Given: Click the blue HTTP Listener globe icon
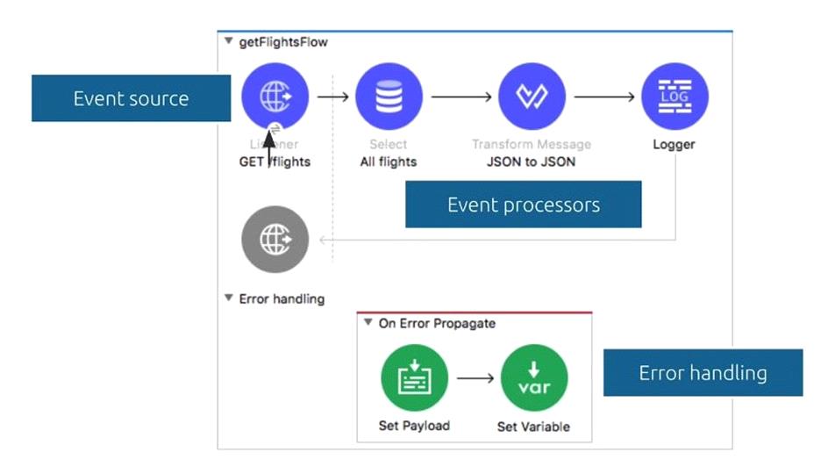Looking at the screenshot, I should pos(275,97).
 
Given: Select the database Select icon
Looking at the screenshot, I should pos(389,97).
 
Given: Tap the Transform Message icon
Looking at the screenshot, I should pos(532,97).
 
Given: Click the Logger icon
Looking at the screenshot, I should pos(675,97).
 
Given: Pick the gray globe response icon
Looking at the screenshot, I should pos(275,240).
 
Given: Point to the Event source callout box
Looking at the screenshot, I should pos(131,98).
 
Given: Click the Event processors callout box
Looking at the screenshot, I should pos(523,205).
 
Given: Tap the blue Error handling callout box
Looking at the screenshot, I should pos(702,373).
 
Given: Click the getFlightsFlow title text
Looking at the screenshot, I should pos(283,42).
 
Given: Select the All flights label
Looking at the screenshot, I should pos(389,162).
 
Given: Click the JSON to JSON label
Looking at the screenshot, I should pos(532,162).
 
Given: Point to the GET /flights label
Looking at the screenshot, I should pos(275,162).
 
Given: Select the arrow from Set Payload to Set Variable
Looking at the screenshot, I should pos(475,378).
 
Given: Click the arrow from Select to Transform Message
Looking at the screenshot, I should pos(460,97).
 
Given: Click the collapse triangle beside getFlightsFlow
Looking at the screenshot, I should pos(229,41).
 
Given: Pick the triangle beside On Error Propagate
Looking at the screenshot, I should pos(368,323).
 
